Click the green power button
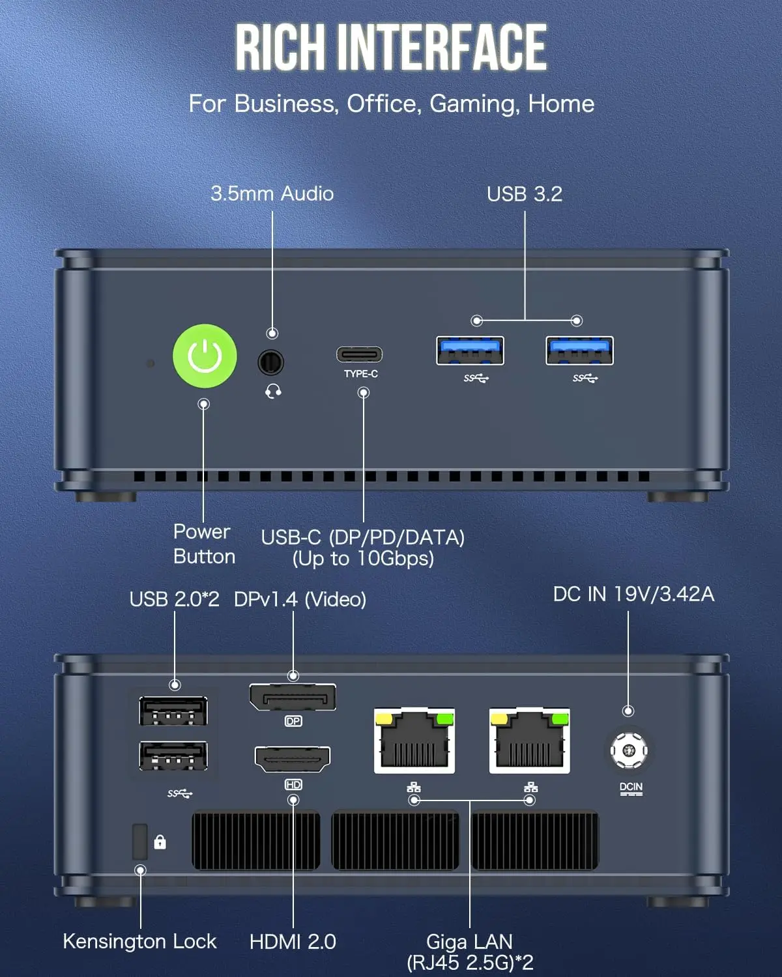click(205, 356)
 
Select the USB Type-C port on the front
click(359, 355)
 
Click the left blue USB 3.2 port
click(470, 350)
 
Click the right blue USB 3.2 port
click(579, 350)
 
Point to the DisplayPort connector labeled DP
click(293, 698)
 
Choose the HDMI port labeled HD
click(293, 759)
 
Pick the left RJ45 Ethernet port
click(414, 741)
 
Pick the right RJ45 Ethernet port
click(530, 741)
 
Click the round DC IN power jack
click(629, 750)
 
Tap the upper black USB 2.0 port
click(173, 711)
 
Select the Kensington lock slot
click(139, 842)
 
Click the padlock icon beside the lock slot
click(160, 842)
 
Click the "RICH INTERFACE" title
click(391, 47)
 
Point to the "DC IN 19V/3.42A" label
click(633, 594)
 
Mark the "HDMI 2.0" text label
click(293, 941)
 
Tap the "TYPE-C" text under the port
click(361, 374)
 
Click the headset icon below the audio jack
click(274, 391)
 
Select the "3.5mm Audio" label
click(272, 193)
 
